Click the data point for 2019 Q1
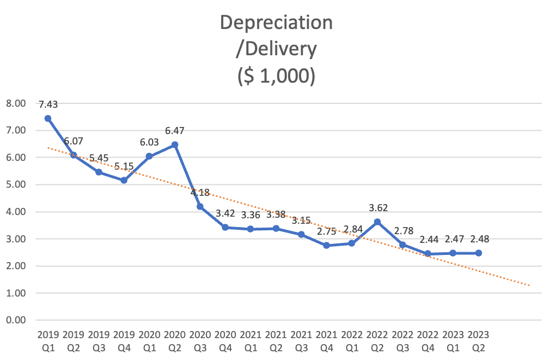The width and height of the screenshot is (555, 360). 48,118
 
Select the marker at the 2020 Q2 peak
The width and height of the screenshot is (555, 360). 175,144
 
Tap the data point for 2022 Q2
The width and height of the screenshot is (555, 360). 377,222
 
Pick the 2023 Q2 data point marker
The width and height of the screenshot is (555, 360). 478,253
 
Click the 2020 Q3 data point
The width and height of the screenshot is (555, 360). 200,206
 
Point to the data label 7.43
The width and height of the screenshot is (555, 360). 48,104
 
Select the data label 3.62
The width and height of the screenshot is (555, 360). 377,208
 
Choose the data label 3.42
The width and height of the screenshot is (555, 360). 225,213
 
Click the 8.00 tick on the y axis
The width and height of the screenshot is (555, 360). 16,103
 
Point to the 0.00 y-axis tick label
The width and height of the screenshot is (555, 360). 16,320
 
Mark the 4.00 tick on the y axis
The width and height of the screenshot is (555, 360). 16,212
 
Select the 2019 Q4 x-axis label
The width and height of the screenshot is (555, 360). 124,340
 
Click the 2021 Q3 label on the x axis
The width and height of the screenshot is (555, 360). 301,340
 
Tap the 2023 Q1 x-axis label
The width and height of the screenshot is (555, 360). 453,340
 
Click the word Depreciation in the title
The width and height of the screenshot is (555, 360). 276,22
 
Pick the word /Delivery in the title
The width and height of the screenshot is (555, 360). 276,49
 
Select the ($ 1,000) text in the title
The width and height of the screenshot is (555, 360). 276,76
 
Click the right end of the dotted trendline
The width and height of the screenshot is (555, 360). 529,285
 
